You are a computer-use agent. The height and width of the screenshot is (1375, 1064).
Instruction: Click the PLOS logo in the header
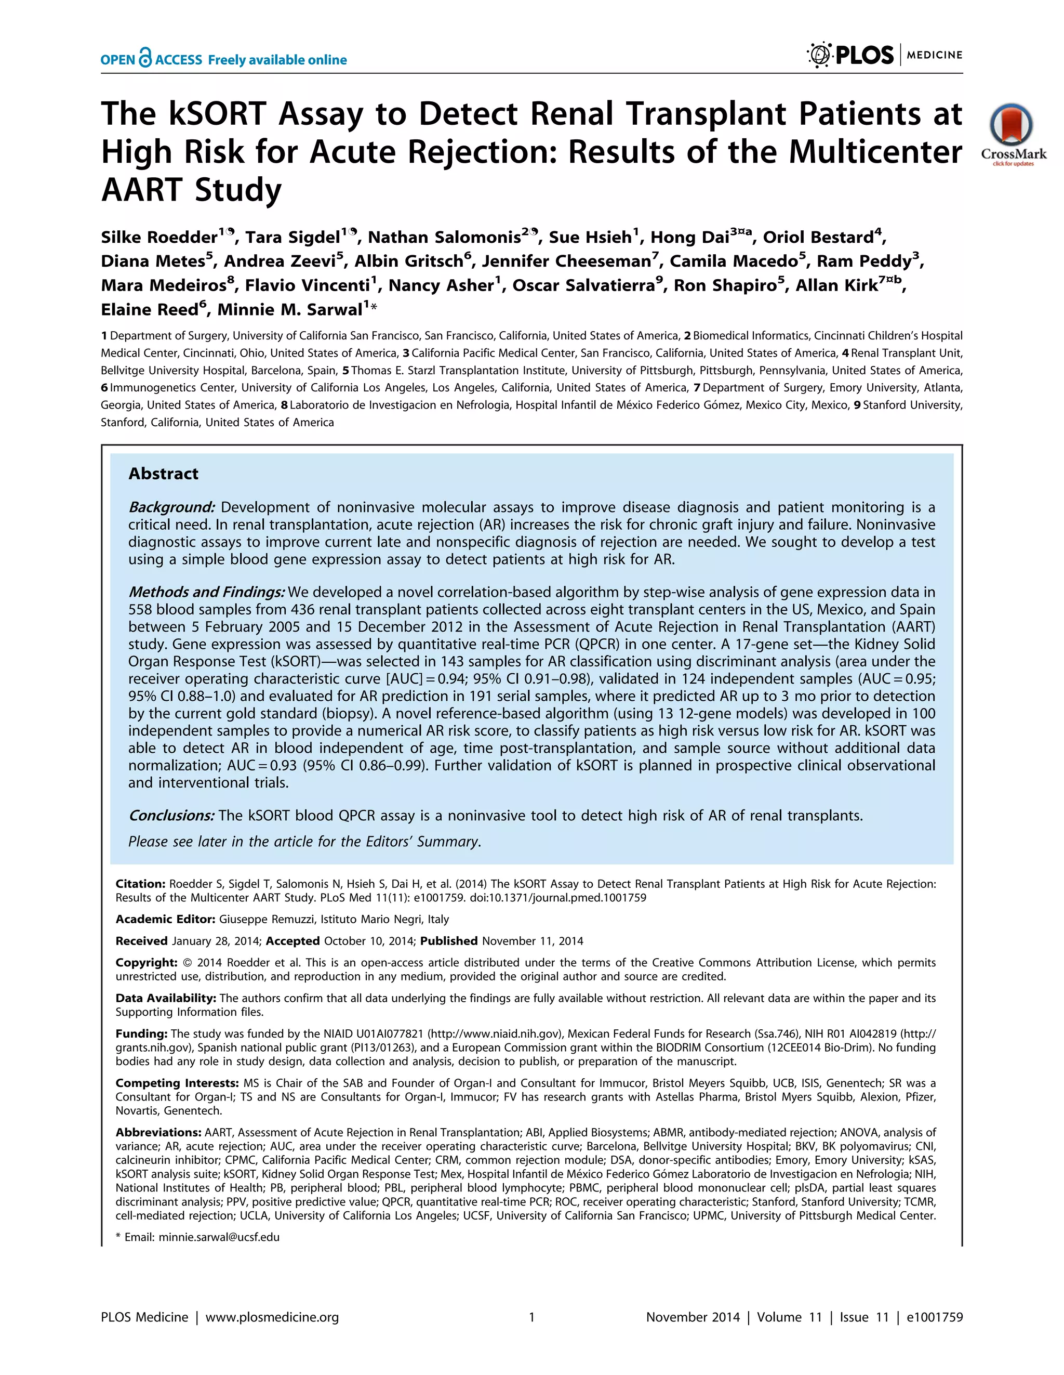(850, 56)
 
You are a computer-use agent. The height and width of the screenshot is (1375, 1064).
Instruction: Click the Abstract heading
(163, 474)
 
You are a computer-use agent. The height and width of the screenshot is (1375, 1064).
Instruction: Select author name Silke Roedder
(159, 238)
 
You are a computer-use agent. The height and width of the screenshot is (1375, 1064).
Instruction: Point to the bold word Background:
(172, 507)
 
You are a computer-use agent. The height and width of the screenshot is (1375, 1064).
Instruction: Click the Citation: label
(140, 884)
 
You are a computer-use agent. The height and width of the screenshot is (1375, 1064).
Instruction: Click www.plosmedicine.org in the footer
(272, 1317)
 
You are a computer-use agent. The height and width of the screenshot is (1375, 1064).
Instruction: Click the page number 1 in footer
(531, 1317)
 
